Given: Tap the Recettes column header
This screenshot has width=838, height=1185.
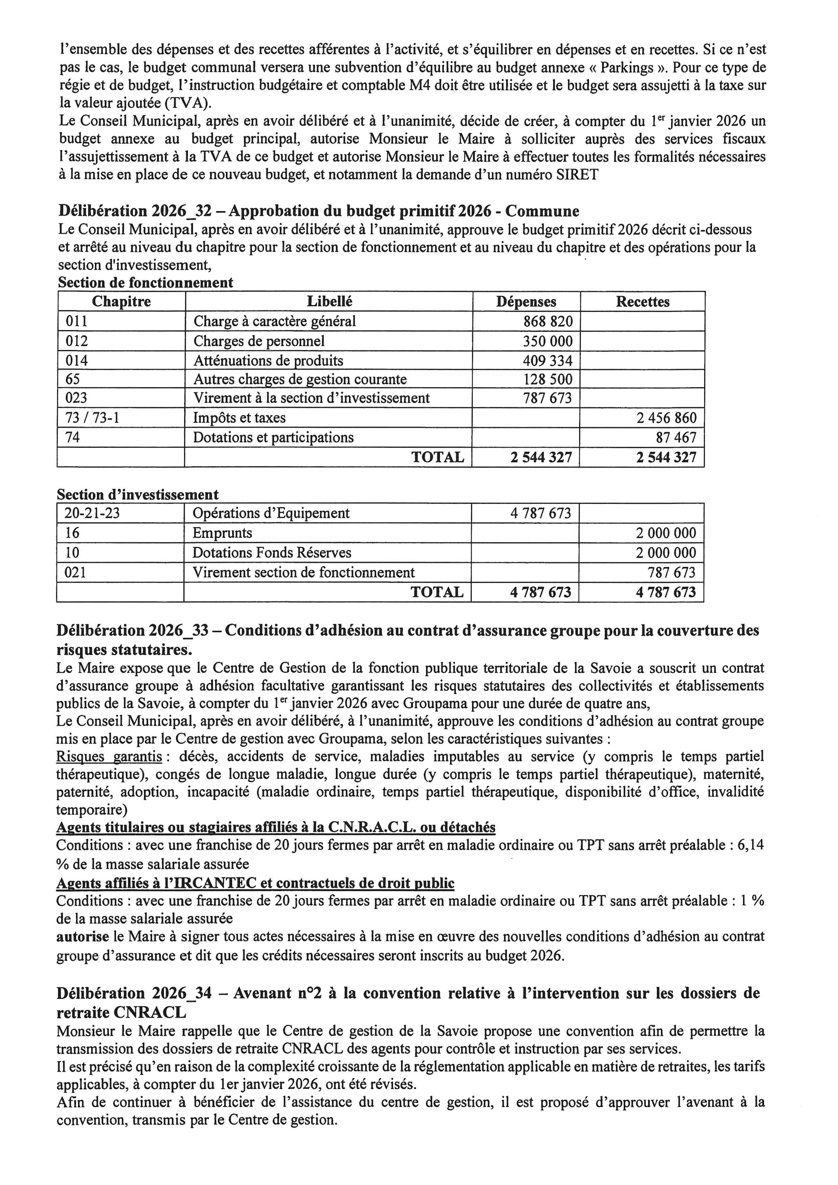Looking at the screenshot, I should pos(642,302).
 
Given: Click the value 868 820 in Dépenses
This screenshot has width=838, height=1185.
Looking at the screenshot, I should pos(548,322).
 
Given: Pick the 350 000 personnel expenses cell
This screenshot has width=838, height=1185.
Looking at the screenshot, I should pos(548,341).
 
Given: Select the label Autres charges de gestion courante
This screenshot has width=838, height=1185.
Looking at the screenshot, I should pos(300,379).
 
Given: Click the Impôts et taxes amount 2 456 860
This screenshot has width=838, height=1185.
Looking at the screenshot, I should pos(666,418).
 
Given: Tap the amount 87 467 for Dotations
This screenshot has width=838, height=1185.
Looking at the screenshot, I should pos(676,438).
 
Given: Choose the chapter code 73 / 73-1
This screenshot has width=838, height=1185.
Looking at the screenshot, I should pos(92,418).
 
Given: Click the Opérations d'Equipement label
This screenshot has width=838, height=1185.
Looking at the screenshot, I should pos(271,513).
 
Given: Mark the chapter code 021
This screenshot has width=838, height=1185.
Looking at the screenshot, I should pos(75,572).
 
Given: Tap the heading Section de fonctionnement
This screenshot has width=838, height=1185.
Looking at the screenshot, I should pos(146,283).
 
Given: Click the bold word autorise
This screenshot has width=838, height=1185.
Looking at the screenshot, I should pos(82,936).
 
